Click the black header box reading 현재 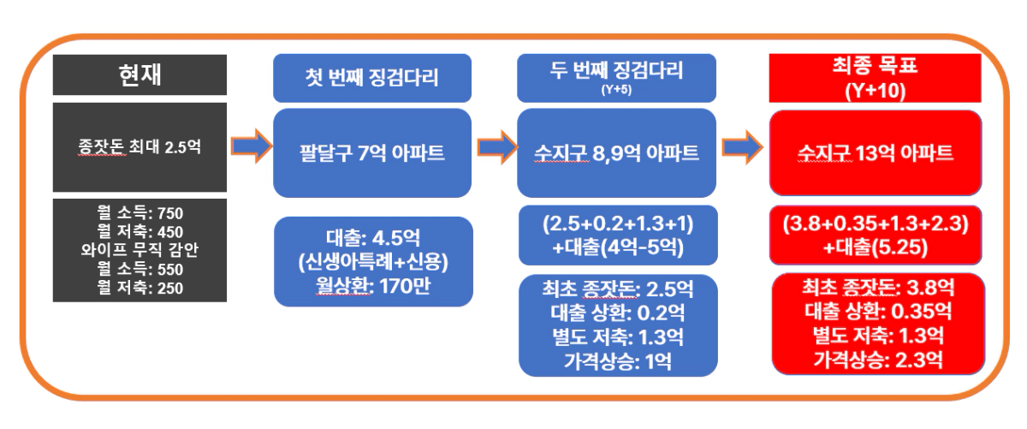click(x=140, y=74)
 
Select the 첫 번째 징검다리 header click(x=372, y=78)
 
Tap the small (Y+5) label click(x=616, y=89)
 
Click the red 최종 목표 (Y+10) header click(x=876, y=78)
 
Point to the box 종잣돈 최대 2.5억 click(x=140, y=147)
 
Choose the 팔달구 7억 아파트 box click(x=372, y=152)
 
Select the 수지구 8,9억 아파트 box click(x=617, y=152)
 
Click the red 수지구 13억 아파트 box click(x=876, y=152)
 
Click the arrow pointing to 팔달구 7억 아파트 click(x=252, y=146)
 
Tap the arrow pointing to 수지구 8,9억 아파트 click(x=497, y=147)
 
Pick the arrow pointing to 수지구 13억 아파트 click(x=743, y=147)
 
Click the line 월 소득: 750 click(x=140, y=213)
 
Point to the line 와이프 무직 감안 click(x=140, y=250)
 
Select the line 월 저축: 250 click(x=140, y=288)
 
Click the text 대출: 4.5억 click(x=373, y=238)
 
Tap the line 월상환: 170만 click(x=373, y=286)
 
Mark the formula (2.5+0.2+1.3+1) click(x=618, y=223)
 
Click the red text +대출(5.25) click(x=876, y=247)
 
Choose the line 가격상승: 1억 click(x=618, y=361)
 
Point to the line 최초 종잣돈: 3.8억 click(x=878, y=288)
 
